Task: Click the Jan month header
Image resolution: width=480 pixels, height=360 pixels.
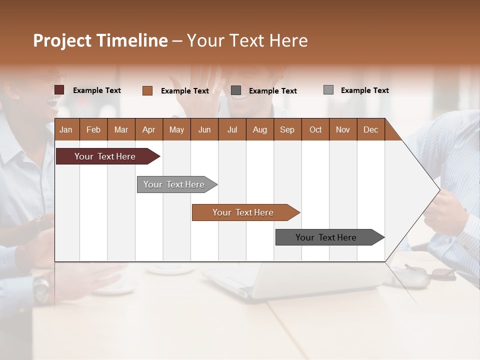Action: pos(66,129)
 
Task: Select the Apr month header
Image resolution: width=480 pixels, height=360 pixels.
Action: pos(149,129)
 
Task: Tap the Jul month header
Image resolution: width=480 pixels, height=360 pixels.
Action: pos(232,129)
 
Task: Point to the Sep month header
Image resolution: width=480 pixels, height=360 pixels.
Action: pos(287,129)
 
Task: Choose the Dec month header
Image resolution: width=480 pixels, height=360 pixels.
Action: pos(370,129)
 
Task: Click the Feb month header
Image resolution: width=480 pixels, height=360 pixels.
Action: pos(93,129)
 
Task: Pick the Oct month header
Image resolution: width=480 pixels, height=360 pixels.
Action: pos(315,129)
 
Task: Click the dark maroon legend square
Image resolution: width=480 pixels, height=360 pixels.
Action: pos(59,90)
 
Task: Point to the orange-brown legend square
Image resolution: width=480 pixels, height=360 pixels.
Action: pos(147,90)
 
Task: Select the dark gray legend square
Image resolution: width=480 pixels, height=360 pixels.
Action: pos(236,90)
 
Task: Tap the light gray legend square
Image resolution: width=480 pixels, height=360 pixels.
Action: pos(328,90)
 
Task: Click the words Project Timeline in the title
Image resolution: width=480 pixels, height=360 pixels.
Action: pos(100,40)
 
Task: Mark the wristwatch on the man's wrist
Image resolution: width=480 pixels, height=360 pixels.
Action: pos(42,286)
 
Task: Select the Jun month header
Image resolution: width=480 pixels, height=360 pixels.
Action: pos(204,129)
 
